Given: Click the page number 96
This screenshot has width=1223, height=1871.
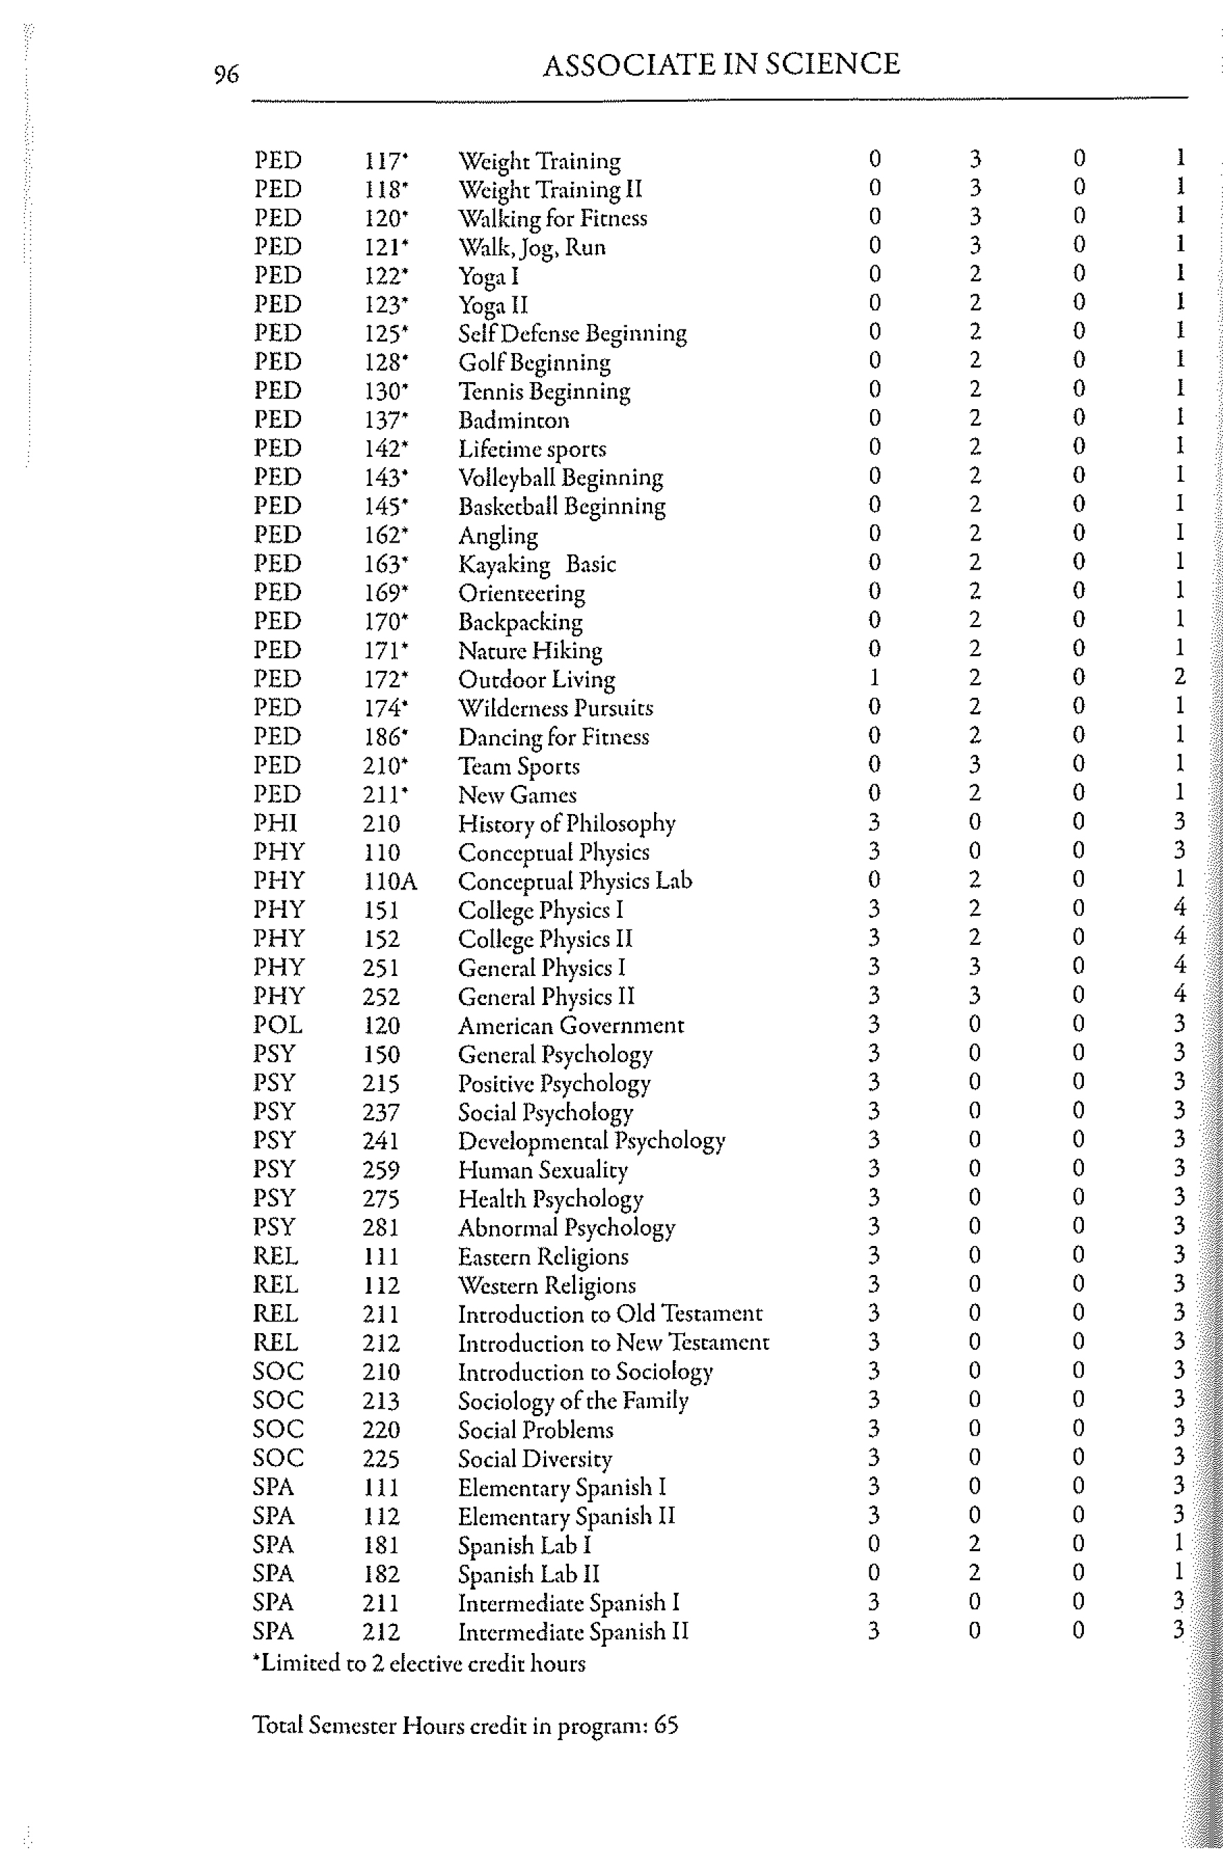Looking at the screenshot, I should point(226,75).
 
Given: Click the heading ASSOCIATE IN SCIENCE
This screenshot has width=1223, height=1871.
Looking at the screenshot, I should point(721,64).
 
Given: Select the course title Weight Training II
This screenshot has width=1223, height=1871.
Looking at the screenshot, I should point(550,190).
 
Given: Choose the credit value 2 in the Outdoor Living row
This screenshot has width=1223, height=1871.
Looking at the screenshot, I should point(1179,677).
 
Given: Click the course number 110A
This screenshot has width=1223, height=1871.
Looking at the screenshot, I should point(390,881).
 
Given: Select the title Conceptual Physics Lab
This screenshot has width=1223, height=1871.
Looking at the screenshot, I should point(574,881).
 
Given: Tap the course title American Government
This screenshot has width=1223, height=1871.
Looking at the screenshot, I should point(570,1025).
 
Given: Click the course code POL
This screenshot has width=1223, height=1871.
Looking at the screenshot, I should point(278,1025).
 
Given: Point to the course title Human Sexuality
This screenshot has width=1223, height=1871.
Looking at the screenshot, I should point(543,1170).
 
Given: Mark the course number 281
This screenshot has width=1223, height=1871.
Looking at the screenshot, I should point(381,1227).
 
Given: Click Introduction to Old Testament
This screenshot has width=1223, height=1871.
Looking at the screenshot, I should point(610,1314).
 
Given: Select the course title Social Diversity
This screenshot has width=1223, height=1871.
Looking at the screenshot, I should point(534,1458).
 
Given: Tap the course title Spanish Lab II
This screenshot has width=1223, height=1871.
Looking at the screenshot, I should point(528,1574).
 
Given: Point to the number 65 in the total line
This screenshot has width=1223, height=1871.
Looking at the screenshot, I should point(666,1725).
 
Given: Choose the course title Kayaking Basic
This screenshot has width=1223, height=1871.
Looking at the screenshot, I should point(537,564).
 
